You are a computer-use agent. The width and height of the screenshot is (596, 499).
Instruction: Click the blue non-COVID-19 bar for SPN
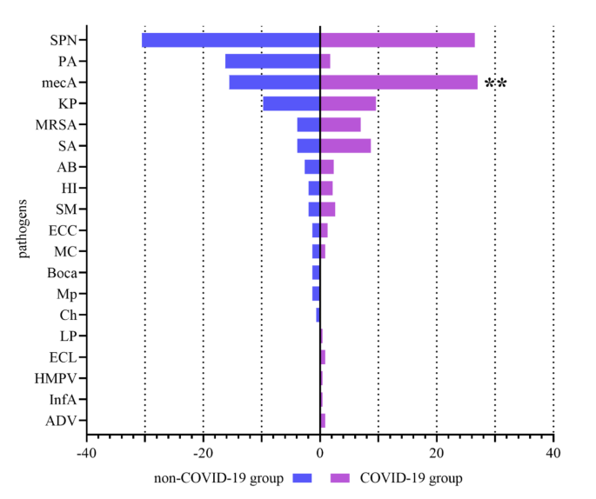click(x=231, y=40)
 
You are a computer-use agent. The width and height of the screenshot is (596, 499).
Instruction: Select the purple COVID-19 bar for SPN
click(x=398, y=40)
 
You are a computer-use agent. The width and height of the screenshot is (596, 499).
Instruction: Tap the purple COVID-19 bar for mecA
click(x=398, y=83)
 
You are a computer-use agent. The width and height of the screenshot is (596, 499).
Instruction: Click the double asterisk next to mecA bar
click(x=496, y=84)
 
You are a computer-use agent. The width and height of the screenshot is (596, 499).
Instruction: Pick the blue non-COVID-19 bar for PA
click(x=272, y=61)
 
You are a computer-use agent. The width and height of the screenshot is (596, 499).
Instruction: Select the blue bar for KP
click(x=291, y=103)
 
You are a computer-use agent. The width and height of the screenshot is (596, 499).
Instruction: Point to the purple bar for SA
click(x=345, y=146)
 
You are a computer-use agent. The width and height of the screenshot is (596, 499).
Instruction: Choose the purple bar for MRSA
click(x=340, y=124)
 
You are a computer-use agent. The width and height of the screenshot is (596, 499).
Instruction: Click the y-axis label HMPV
click(x=56, y=378)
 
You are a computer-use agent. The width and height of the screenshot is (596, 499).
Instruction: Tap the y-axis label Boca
click(x=61, y=273)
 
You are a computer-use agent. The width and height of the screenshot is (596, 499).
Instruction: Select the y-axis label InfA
click(x=62, y=400)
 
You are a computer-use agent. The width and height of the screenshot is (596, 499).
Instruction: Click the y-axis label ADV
click(x=61, y=421)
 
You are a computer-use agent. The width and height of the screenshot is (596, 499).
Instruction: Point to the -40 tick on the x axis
click(x=86, y=453)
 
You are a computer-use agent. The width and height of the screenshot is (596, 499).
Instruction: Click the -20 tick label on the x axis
click(x=203, y=453)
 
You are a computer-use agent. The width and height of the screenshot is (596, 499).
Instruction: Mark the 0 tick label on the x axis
click(x=320, y=453)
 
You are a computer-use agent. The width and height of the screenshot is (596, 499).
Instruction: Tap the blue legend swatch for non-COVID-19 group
click(x=303, y=477)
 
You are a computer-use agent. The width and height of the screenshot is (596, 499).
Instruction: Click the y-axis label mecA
click(x=59, y=83)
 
